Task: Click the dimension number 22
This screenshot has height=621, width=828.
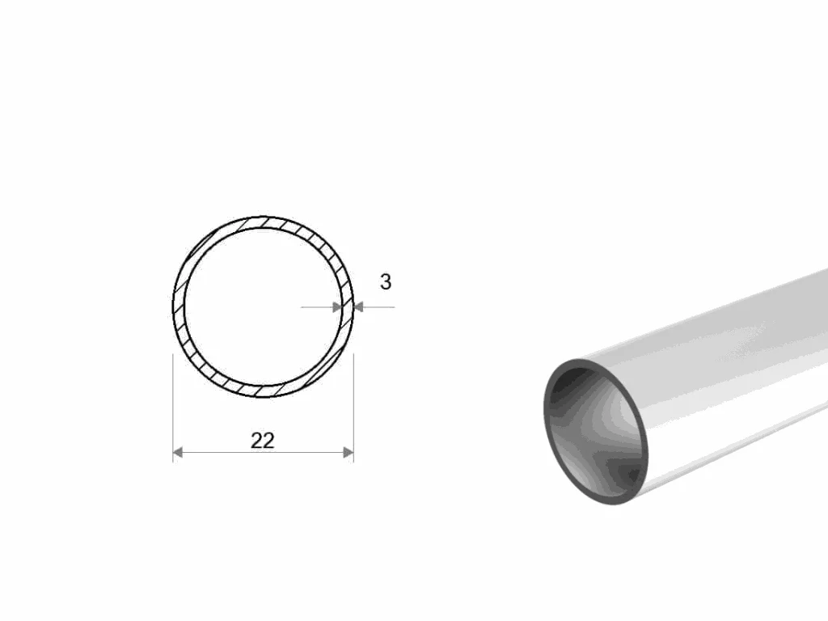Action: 263,441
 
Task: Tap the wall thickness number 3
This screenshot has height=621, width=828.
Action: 386,282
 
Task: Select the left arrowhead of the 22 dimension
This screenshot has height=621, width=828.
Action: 178,452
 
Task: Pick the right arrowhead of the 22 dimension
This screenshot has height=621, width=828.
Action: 349,452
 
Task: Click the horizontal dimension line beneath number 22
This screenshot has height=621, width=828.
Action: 264,453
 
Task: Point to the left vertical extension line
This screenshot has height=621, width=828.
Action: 173,408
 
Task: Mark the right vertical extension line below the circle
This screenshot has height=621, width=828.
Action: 353,408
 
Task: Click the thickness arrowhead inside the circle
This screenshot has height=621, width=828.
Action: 337,307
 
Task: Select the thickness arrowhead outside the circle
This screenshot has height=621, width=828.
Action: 358,307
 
